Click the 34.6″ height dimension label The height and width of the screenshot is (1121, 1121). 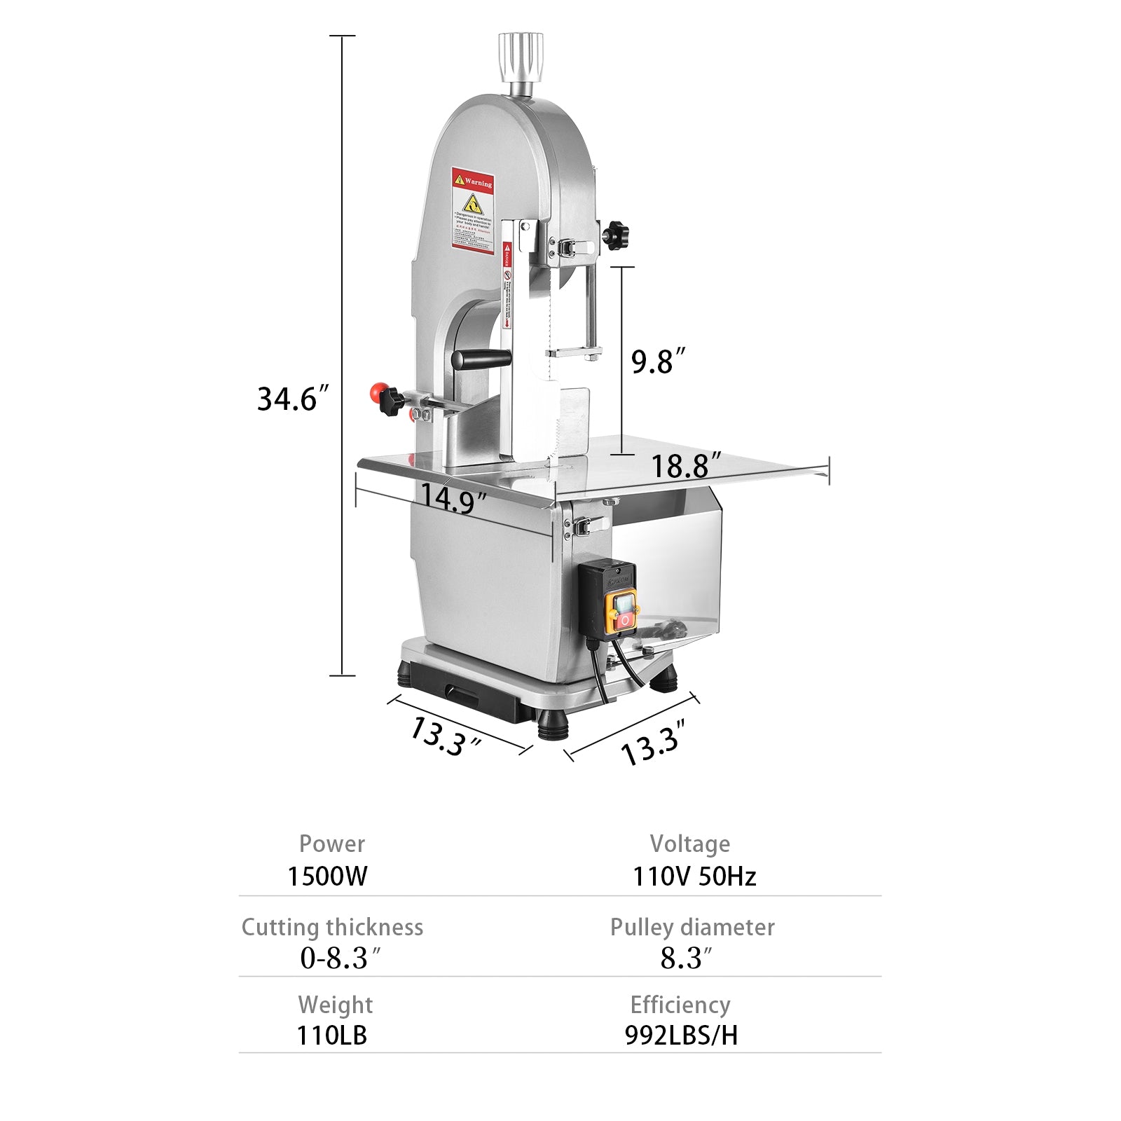(292, 399)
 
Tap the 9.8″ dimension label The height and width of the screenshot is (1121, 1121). (657, 362)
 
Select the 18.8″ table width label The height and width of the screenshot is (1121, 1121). (686, 466)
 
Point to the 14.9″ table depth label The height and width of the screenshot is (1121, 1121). (453, 498)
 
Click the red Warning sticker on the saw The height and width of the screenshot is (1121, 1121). (473, 209)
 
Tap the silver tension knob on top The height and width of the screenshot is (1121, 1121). (521, 58)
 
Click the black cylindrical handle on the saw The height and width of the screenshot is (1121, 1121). (481, 359)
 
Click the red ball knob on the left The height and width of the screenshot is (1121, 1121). (379, 391)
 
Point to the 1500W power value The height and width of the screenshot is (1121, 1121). (327, 876)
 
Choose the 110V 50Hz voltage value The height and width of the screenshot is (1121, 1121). (694, 876)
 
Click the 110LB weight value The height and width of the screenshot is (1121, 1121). (331, 1035)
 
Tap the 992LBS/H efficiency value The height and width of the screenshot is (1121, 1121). (681, 1035)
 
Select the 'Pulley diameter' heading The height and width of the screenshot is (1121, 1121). (692, 927)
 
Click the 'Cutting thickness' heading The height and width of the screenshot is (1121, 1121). (332, 927)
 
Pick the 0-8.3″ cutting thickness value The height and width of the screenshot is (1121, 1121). (340, 958)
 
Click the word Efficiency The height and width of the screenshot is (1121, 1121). (680, 1005)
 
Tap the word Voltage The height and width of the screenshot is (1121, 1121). (690, 844)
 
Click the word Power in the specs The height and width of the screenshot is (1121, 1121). (332, 844)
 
